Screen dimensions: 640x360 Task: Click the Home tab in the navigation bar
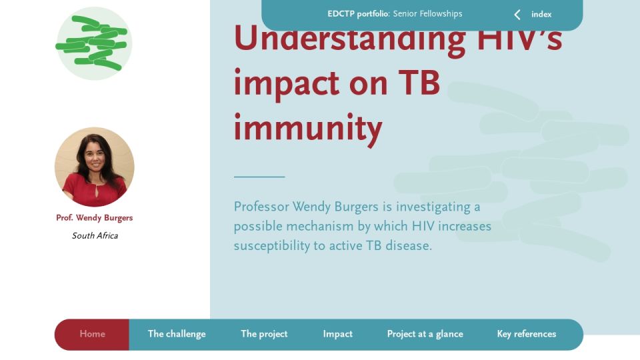[92, 334]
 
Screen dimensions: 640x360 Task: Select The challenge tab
[177, 334]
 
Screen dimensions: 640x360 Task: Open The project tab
[264, 334]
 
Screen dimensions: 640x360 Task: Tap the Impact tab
[337, 334]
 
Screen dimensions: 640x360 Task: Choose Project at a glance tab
[425, 334]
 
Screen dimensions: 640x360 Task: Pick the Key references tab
[527, 334]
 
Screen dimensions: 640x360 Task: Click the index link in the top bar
[541, 14]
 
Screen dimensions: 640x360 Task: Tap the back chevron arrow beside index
[517, 15]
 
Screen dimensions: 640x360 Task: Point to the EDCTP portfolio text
[359, 14]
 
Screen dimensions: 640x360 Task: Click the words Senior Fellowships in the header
[427, 14]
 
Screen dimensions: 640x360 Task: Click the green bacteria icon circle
[94, 43]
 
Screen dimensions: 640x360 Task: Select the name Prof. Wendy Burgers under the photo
[94, 217]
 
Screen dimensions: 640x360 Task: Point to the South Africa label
[95, 235]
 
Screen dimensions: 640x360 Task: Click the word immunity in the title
[308, 127]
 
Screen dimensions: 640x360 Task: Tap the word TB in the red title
[419, 82]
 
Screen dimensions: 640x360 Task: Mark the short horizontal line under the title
[259, 177]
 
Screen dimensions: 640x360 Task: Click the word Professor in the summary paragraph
[261, 207]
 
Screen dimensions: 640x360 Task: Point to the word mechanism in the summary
[319, 226]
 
